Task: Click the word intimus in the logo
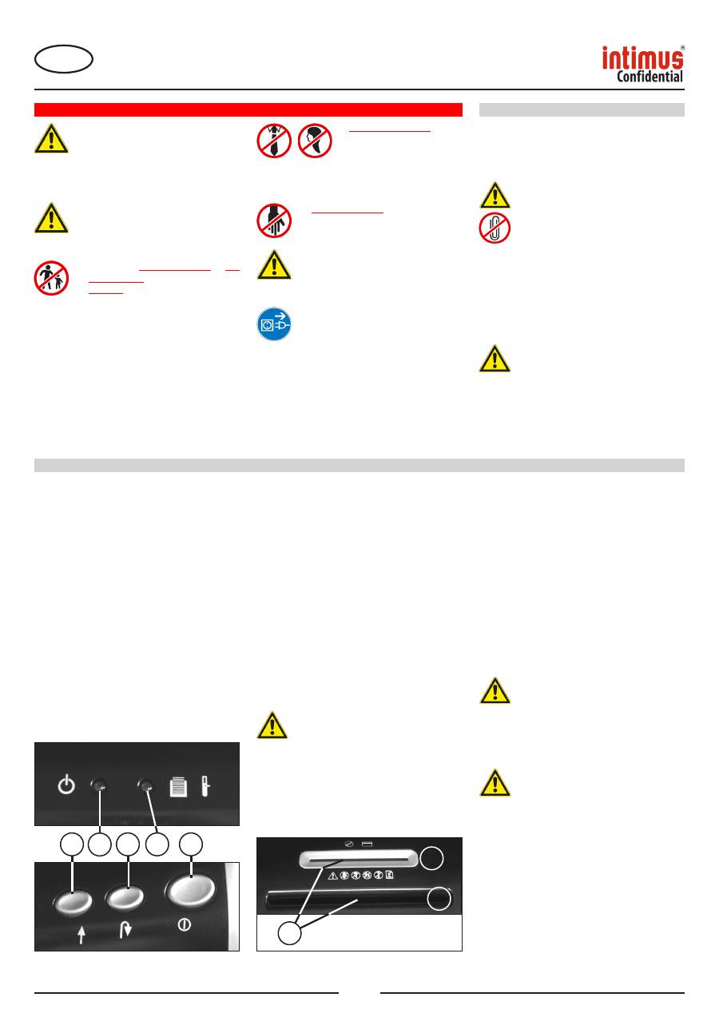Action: [x=642, y=58]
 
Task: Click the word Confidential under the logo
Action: [x=649, y=77]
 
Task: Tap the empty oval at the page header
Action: [x=64, y=59]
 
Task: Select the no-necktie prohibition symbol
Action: [x=274, y=141]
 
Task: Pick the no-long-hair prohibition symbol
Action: [x=315, y=141]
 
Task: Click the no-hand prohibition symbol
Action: [x=274, y=220]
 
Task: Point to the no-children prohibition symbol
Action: [x=51, y=278]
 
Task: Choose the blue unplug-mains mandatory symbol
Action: [x=274, y=324]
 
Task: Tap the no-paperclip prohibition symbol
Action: [x=495, y=228]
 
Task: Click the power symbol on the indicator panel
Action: [x=66, y=784]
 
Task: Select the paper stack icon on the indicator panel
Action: [x=178, y=787]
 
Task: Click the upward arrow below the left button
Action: [x=81, y=935]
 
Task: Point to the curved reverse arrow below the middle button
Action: [x=125, y=930]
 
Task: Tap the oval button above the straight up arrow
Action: [x=73, y=902]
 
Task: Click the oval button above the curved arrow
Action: [x=125, y=898]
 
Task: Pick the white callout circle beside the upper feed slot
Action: [x=431, y=858]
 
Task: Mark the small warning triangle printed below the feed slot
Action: [x=332, y=876]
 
